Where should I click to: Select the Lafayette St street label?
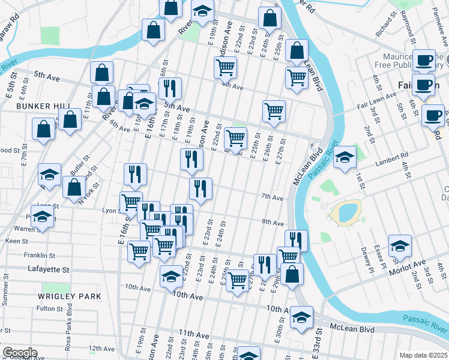point(49,270)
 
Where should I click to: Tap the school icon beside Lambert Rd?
point(345,158)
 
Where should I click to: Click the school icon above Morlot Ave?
point(400,246)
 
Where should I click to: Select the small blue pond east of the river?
point(346,211)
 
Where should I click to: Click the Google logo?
point(19,353)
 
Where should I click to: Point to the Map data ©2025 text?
point(424,355)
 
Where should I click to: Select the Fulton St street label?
point(50,308)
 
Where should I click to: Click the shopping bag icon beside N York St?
point(74,187)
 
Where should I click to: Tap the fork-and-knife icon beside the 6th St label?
point(170,88)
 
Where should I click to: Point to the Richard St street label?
point(383,28)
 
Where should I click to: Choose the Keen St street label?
point(13,241)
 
